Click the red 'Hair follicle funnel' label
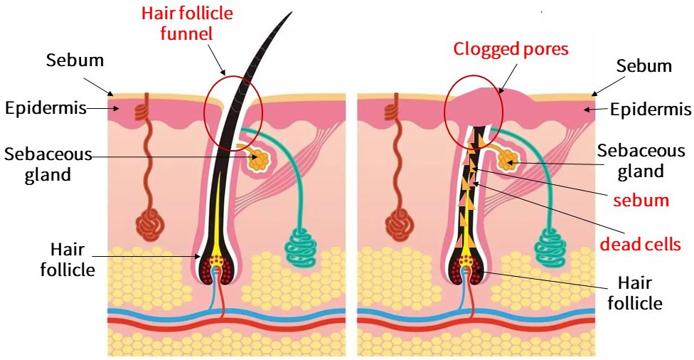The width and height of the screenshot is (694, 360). coord(187,23)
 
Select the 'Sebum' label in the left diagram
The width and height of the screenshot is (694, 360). coord(75,60)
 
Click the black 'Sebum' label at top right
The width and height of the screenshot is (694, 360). coord(644,66)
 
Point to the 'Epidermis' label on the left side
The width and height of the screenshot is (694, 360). coord(46,109)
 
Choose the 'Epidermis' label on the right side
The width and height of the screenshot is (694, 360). coord(651,110)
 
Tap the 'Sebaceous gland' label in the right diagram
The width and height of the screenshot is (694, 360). coord(641,161)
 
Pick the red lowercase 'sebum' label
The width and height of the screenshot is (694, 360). coord(644,199)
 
